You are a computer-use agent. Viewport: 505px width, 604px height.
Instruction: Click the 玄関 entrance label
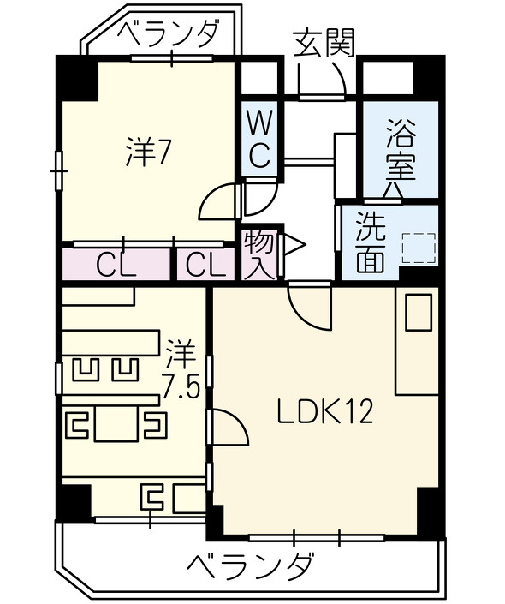point(323,43)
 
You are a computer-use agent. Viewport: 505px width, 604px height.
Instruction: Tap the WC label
point(260,141)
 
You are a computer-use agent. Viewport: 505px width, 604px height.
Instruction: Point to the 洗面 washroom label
point(370,242)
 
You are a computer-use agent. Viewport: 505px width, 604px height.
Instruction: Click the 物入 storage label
point(258,254)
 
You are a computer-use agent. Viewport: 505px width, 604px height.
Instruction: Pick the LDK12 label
point(324,413)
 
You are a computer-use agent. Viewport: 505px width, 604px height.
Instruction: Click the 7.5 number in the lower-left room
point(181,388)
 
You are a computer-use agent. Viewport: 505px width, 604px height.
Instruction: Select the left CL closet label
point(115,266)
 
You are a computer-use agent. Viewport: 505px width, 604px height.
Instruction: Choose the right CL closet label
point(205,266)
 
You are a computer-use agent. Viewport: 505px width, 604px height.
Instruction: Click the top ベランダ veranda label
point(168,34)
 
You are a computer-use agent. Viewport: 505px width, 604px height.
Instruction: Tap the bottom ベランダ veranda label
point(250,566)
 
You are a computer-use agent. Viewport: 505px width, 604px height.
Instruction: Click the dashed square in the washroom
point(419,248)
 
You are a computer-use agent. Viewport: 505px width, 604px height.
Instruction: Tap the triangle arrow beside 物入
point(292,246)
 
